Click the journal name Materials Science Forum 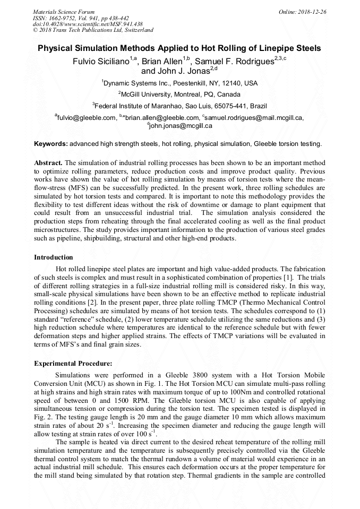click(x=64, y=12)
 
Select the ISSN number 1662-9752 click(x=66, y=18)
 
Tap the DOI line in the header click(x=88, y=24)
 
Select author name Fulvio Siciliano click(x=101, y=61)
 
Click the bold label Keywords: click(x=51, y=144)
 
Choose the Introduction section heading click(x=53, y=257)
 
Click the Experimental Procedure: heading click(x=73, y=364)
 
